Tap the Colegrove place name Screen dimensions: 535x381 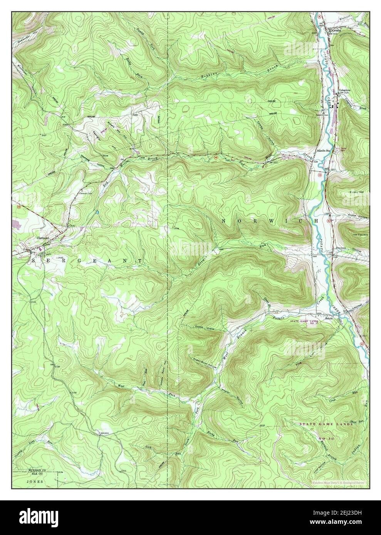[x=344, y=91]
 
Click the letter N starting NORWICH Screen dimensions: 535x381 [x=224, y=221]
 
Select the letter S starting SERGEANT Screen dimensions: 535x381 [x=34, y=261]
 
